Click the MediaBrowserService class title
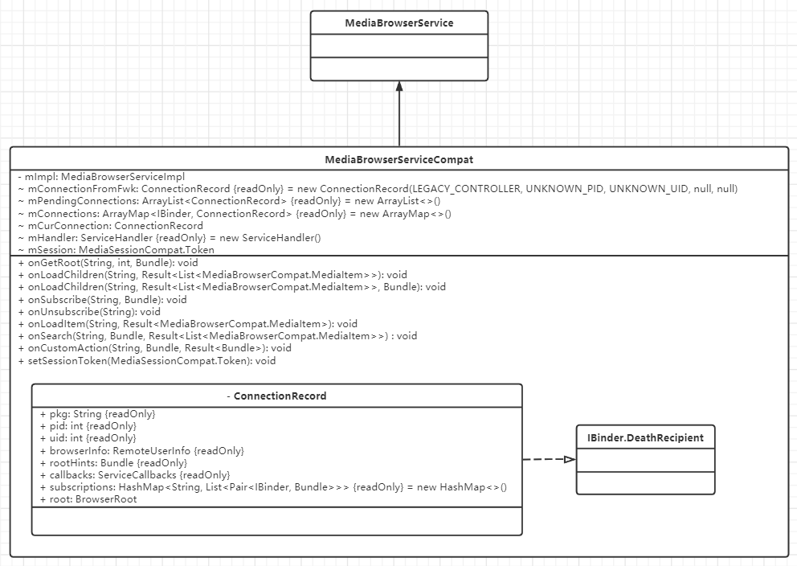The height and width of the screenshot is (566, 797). point(399,23)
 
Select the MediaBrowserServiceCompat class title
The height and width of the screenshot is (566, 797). point(399,160)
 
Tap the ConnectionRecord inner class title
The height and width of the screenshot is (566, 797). point(276,396)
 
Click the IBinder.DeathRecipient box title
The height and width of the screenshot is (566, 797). point(645,438)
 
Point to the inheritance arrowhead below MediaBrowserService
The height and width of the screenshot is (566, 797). point(399,88)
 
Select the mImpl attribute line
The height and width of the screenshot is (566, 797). point(101,177)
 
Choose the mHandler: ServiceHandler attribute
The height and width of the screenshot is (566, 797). point(169,238)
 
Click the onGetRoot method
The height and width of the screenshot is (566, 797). point(108,263)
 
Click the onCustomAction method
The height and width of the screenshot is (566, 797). point(154,348)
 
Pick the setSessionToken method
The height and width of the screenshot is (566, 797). point(146,361)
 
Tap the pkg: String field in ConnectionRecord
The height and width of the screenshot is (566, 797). point(97,414)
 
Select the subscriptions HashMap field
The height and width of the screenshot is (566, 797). point(273,487)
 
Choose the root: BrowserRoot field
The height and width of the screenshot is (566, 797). point(88,499)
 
